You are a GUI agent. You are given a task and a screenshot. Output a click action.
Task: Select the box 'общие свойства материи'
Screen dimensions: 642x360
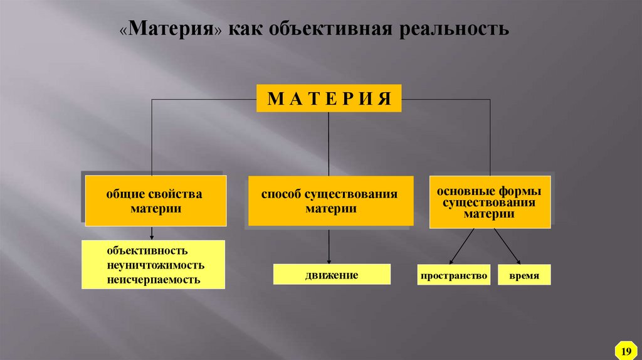click(x=156, y=201)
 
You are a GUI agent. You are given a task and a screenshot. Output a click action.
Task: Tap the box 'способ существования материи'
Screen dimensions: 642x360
click(x=331, y=201)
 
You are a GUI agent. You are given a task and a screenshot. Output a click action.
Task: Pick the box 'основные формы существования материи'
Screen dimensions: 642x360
click(x=490, y=201)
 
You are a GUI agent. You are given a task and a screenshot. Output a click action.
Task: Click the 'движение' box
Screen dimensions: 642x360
click(x=332, y=275)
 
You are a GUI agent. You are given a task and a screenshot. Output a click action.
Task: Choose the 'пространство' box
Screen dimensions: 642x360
click(x=455, y=275)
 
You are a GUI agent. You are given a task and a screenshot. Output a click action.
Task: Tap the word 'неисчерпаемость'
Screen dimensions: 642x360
click(x=154, y=279)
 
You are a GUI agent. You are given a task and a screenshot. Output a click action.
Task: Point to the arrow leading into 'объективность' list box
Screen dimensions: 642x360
click(x=152, y=233)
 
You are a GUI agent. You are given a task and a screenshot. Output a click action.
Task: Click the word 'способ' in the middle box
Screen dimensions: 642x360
click(x=282, y=194)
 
